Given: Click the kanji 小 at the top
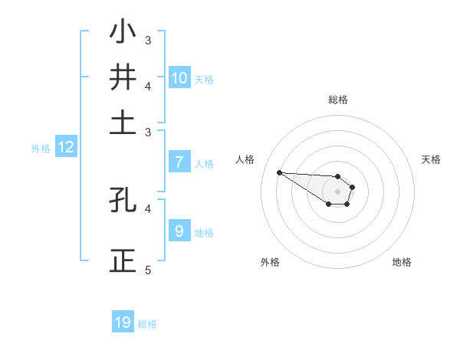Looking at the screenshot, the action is click(x=123, y=33).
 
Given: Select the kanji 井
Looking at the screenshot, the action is click(x=123, y=77).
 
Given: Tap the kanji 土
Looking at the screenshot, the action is click(x=123, y=123).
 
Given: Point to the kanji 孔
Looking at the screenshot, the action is click(x=123, y=200).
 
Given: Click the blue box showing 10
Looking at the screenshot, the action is click(x=179, y=77).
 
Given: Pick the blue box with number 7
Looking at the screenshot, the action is click(x=179, y=162).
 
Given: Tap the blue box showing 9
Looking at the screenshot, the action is click(x=179, y=231).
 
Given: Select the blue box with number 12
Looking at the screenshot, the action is click(x=66, y=148).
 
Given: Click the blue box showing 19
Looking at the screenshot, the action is click(x=123, y=322).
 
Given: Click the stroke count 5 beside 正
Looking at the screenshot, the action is click(x=148, y=270).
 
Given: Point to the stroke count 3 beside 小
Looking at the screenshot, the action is click(x=148, y=40).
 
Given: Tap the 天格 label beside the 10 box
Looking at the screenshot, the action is click(x=204, y=80).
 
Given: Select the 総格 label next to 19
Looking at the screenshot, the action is click(x=147, y=325).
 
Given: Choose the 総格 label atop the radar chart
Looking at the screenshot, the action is click(x=338, y=100).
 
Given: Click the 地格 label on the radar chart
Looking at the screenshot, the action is click(x=402, y=262).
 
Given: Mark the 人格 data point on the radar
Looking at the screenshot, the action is click(x=279, y=172).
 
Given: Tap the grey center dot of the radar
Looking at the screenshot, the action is click(x=338, y=191).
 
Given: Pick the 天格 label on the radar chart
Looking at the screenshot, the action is click(x=431, y=159).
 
